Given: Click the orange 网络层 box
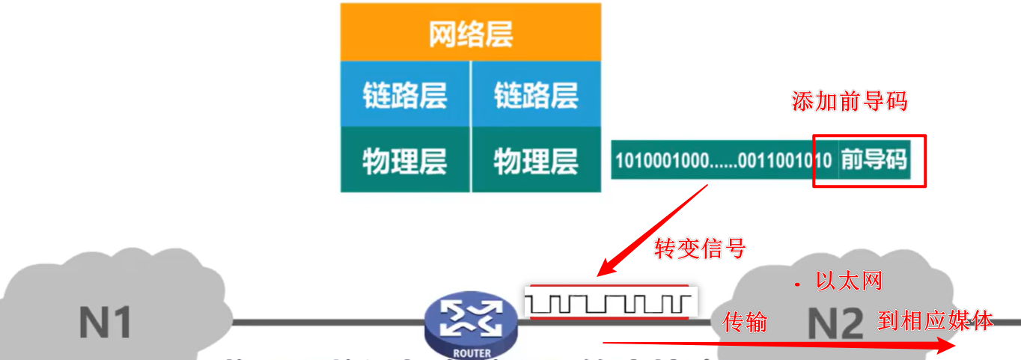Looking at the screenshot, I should point(471,34).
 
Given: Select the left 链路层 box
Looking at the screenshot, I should point(405,95).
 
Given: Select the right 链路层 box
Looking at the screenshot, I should point(536,95).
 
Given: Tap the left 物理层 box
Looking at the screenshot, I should point(405,160).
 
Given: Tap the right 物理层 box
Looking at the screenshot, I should point(536,160).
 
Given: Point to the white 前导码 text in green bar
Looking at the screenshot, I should point(874,159).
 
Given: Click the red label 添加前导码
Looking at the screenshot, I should point(849,102).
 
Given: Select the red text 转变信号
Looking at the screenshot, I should point(700,248).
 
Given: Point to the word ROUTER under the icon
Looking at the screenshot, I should point(472,353).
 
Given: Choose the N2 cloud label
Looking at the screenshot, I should point(836,323).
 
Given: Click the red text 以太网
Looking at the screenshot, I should point(849,281).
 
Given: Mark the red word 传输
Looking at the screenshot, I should point(745,322).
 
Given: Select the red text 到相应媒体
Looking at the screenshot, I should point(936,321).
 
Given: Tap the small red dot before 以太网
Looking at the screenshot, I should point(797,284).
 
